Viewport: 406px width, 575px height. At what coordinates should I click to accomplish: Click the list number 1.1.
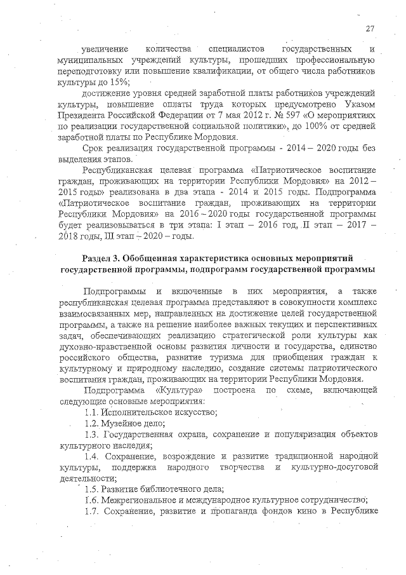pyautogui.click(x=92, y=412)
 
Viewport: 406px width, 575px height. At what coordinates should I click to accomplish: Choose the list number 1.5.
pyautogui.click(x=92, y=489)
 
